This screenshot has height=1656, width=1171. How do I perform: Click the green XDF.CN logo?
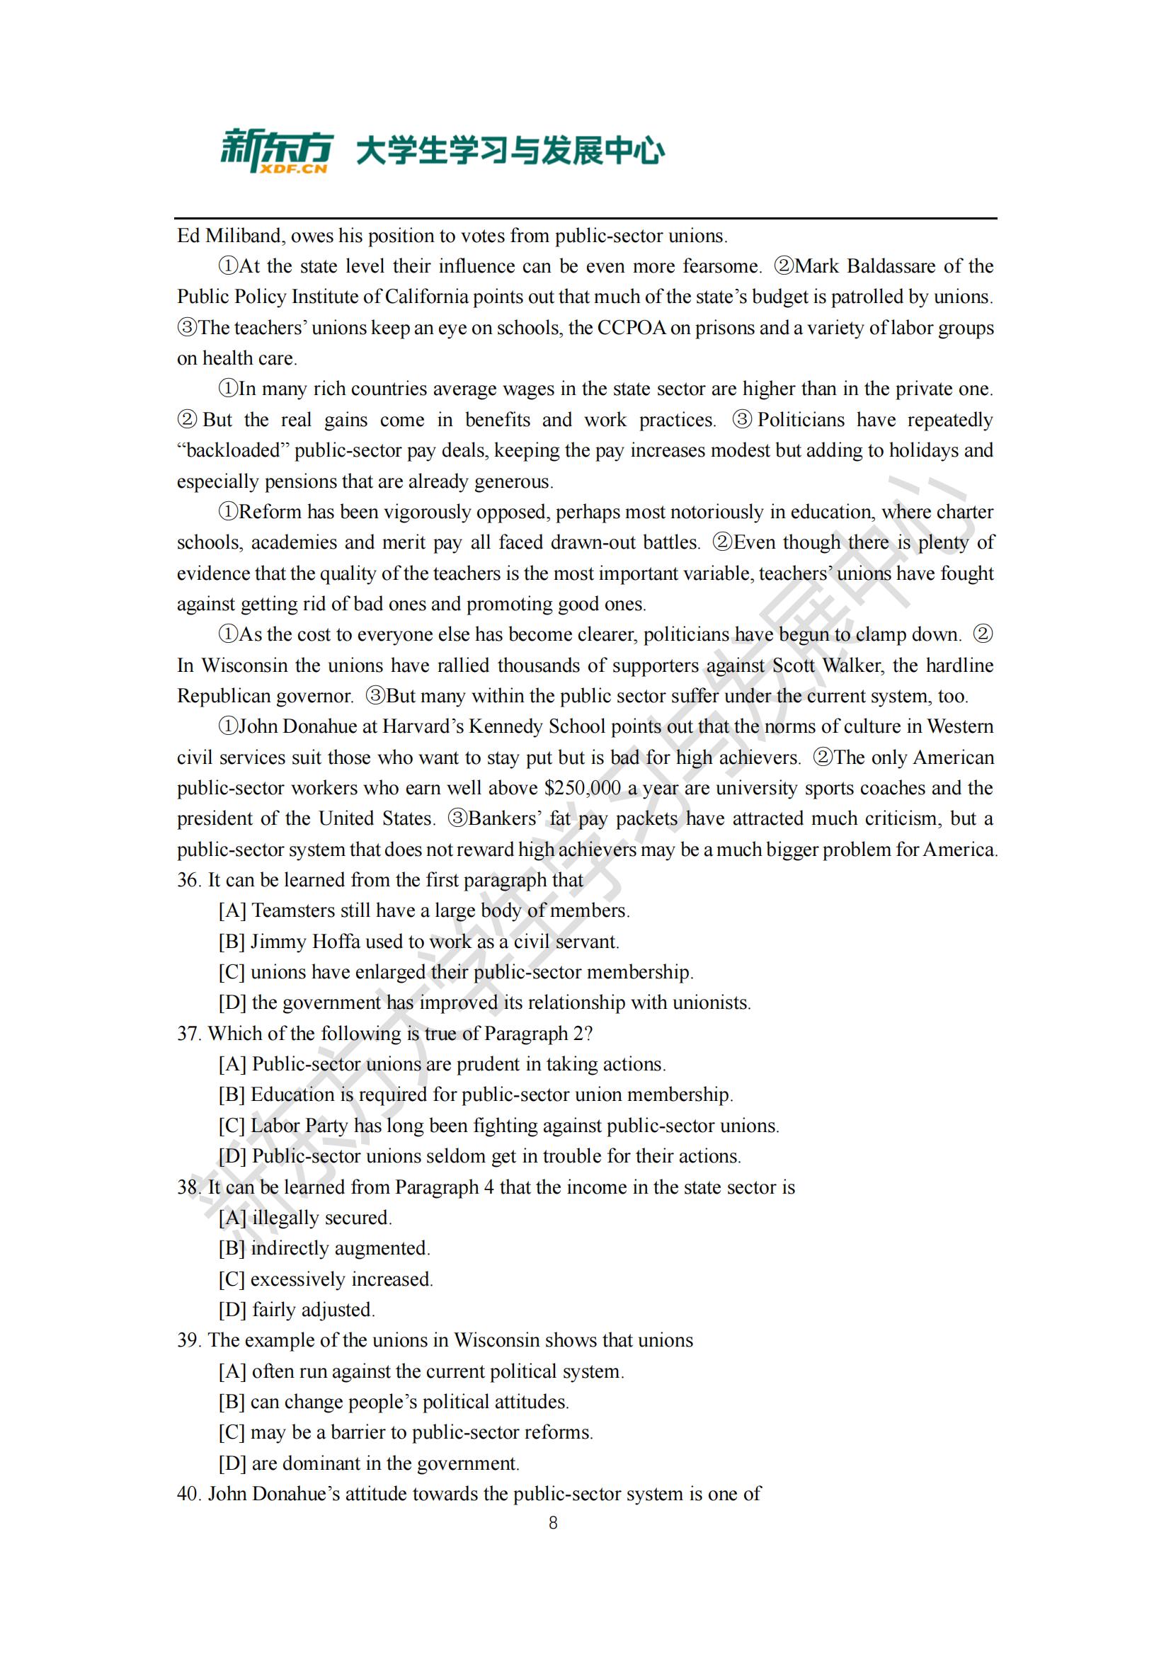(x=275, y=151)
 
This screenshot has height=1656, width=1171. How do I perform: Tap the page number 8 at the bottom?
(x=553, y=1523)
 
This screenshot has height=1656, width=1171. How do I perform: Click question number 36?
(x=188, y=880)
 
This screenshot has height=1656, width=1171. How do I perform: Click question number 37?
(x=188, y=1034)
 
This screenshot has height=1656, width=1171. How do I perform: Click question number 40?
(x=188, y=1494)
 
